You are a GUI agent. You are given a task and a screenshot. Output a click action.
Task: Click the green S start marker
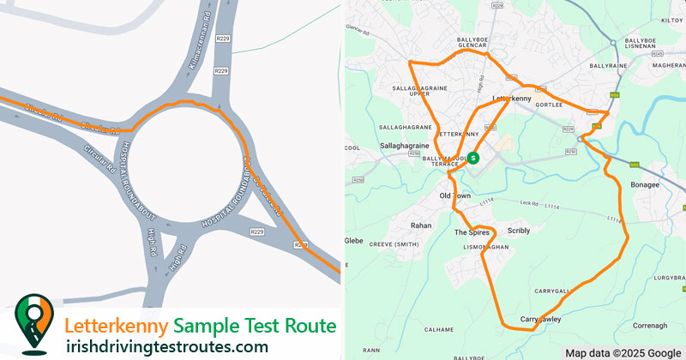tap(473, 157)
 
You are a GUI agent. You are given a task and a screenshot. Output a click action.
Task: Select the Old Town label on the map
tap(454, 196)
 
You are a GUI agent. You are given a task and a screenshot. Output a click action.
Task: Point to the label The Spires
tap(471, 232)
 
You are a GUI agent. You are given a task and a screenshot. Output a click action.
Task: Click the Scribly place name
tap(519, 231)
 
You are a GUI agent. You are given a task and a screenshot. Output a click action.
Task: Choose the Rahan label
tap(421, 225)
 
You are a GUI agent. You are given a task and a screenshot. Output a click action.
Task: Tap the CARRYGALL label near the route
tap(550, 291)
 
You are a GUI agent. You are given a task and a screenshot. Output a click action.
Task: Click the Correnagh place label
tap(648, 326)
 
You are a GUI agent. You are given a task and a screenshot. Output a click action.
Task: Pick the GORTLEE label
tap(557, 105)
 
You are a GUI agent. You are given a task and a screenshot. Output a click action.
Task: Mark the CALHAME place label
tap(438, 328)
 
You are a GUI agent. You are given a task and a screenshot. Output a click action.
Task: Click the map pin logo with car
tap(33, 324)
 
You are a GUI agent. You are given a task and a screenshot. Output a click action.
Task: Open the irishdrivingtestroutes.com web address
tap(166, 346)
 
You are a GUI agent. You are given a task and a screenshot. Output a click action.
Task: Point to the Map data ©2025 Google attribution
tap(623, 353)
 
